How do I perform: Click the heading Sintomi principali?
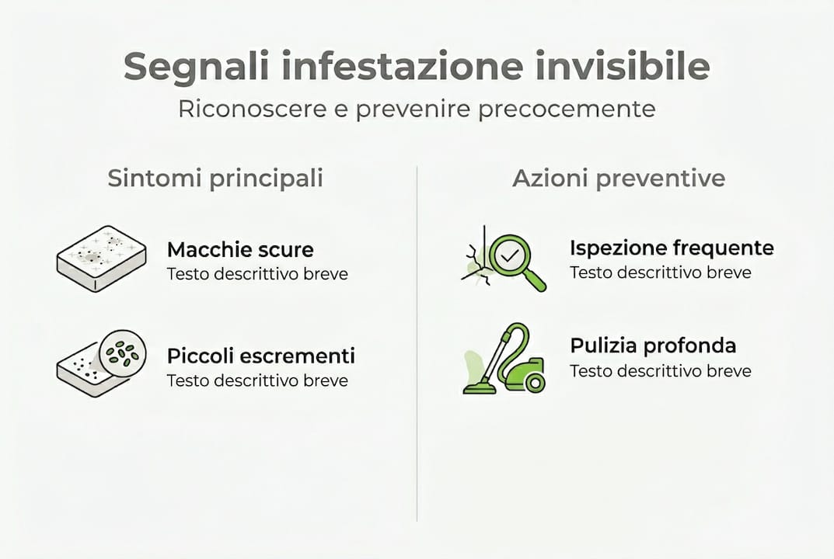pyautogui.click(x=215, y=179)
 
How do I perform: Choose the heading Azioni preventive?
pyautogui.click(x=619, y=179)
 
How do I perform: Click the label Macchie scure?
pyautogui.click(x=240, y=250)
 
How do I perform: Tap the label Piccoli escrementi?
pyautogui.click(x=260, y=356)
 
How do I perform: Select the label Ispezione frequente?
pyautogui.click(x=672, y=248)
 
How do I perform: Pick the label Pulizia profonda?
pyautogui.click(x=653, y=345)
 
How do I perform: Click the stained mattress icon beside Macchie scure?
pyautogui.click(x=101, y=259)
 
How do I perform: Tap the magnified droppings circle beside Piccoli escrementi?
pyautogui.click(x=123, y=353)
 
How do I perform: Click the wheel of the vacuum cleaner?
pyautogui.click(x=534, y=382)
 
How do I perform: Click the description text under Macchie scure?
pyautogui.click(x=257, y=274)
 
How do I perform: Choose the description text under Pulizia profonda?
pyautogui.click(x=660, y=371)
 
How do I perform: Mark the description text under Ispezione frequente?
pyautogui.click(x=660, y=273)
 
